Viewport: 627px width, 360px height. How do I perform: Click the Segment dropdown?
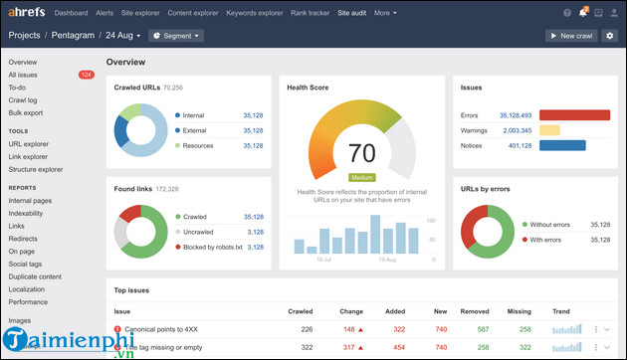tap(176, 36)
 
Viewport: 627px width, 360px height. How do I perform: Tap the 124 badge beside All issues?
tap(87, 75)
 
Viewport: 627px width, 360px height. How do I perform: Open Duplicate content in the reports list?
tap(35, 276)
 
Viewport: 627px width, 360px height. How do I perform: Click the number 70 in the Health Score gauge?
tap(361, 153)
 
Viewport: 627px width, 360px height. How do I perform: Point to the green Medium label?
tap(361, 178)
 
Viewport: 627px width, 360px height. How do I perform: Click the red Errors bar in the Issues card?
tap(574, 115)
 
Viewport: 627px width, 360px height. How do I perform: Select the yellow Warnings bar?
tap(549, 130)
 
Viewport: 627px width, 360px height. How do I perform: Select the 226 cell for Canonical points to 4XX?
tap(307, 329)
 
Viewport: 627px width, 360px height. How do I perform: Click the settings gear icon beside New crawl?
tap(610, 36)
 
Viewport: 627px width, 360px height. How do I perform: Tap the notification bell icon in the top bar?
tap(584, 14)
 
